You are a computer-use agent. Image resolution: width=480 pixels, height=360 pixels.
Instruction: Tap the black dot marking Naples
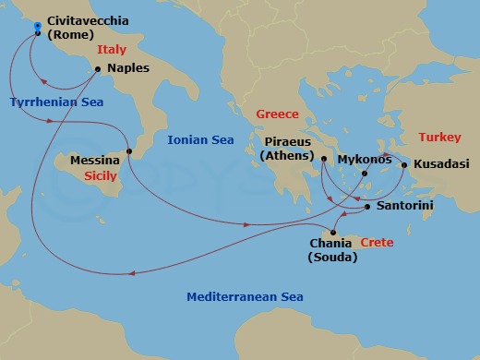98,68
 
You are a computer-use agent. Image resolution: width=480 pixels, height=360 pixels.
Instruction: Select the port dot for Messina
129,151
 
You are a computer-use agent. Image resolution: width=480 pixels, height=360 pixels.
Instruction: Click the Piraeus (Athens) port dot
324,159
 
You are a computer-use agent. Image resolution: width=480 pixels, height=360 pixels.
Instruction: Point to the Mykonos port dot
365,174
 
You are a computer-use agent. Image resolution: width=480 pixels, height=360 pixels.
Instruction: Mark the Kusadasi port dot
403,166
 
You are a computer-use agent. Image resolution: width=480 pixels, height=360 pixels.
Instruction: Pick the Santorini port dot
367,207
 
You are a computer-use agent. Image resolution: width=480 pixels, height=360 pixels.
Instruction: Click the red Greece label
278,114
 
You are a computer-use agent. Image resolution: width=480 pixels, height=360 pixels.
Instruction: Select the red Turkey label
439,137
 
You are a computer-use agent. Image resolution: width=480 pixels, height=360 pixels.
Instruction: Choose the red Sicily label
99,174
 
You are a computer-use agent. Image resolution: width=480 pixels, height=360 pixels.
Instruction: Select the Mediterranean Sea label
245,297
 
